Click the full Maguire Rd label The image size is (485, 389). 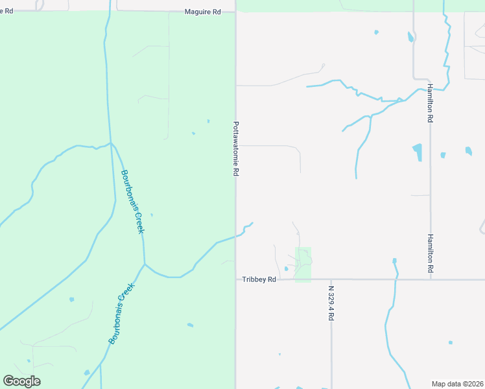click(x=202, y=11)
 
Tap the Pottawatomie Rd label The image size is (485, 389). click(x=237, y=149)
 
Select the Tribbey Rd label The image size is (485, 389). click(x=259, y=279)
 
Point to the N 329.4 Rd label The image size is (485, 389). click(x=331, y=303)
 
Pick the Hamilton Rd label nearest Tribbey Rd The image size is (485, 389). click(x=430, y=253)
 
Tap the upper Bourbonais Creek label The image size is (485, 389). click(x=132, y=202)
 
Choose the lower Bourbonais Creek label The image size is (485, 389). click(x=121, y=314)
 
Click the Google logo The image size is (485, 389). click(x=21, y=381)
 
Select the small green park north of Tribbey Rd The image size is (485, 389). click(x=303, y=265)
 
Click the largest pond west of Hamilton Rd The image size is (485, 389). click(x=418, y=152)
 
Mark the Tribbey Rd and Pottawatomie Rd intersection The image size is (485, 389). click(x=235, y=279)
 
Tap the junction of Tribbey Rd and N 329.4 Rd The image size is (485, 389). click(x=331, y=279)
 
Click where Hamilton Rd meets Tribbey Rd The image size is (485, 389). click(x=431, y=279)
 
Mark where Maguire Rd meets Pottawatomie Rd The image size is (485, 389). click(x=235, y=11)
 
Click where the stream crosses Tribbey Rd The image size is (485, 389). click(x=395, y=279)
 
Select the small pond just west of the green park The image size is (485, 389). click(x=286, y=268)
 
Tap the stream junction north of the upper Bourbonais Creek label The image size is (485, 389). click(x=111, y=143)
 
